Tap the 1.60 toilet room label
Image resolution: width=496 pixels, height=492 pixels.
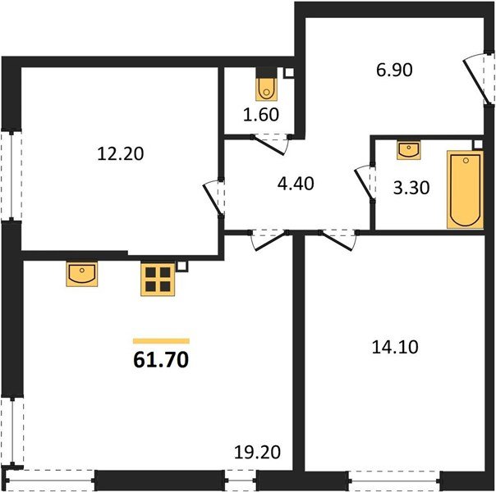click(x=265, y=114)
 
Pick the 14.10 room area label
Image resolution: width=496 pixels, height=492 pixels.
click(x=395, y=347)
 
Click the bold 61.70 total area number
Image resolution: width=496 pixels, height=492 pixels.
click(x=161, y=358)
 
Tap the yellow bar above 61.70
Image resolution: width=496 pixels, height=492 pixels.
click(x=161, y=339)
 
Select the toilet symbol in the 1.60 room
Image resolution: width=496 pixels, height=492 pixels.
click(x=265, y=86)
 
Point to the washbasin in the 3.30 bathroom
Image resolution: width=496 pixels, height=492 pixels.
click(x=408, y=150)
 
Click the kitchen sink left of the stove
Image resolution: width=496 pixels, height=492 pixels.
click(x=82, y=274)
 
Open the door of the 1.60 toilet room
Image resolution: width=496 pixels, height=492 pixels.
click(x=271, y=146)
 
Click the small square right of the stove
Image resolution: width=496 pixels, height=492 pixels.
click(x=182, y=266)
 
